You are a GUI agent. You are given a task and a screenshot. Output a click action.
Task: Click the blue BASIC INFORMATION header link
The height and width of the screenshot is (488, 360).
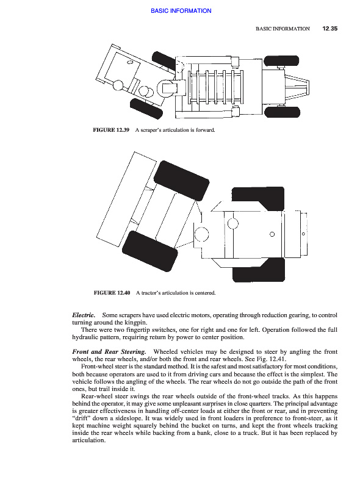click(181, 10)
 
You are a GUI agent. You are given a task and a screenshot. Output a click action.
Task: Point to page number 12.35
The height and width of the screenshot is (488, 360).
click(329, 29)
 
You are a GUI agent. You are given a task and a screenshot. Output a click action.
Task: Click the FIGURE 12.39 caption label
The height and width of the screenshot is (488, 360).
click(111, 130)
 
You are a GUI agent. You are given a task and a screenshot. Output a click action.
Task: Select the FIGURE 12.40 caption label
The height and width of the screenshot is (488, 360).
click(112, 293)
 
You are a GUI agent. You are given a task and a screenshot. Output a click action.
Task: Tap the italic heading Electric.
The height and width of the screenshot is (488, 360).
click(84, 315)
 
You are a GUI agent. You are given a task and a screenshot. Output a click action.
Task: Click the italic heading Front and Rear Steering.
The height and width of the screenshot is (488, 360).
click(109, 352)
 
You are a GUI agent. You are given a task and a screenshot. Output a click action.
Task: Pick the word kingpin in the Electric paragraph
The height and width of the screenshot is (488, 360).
click(136, 323)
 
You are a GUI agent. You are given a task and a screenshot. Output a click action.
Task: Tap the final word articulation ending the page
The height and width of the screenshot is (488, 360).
click(88, 440)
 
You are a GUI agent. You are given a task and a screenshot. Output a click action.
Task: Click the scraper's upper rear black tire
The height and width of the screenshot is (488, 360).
click(281, 60)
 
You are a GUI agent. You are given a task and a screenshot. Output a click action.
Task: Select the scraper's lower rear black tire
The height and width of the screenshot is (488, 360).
click(282, 112)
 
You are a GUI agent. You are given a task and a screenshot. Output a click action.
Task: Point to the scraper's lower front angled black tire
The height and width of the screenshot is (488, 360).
click(146, 109)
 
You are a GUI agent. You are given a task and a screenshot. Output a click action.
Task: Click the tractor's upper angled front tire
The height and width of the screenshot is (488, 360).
click(181, 181)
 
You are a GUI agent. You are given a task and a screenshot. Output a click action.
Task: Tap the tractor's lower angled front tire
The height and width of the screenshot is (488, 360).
click(149, 251)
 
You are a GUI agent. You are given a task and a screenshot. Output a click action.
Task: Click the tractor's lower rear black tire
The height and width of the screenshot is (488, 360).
click(259, 270)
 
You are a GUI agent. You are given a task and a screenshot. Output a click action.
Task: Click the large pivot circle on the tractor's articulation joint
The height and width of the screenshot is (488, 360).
click(201, 234)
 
